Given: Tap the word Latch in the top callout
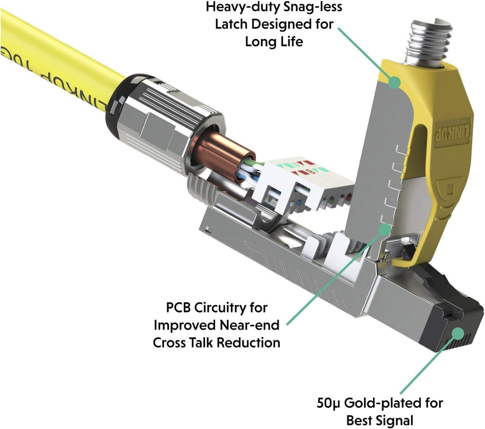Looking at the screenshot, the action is (x=230, y=24).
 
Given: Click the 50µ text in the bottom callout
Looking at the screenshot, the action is (x=329, y=403).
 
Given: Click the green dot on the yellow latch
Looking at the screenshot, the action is (x=394, y=82).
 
